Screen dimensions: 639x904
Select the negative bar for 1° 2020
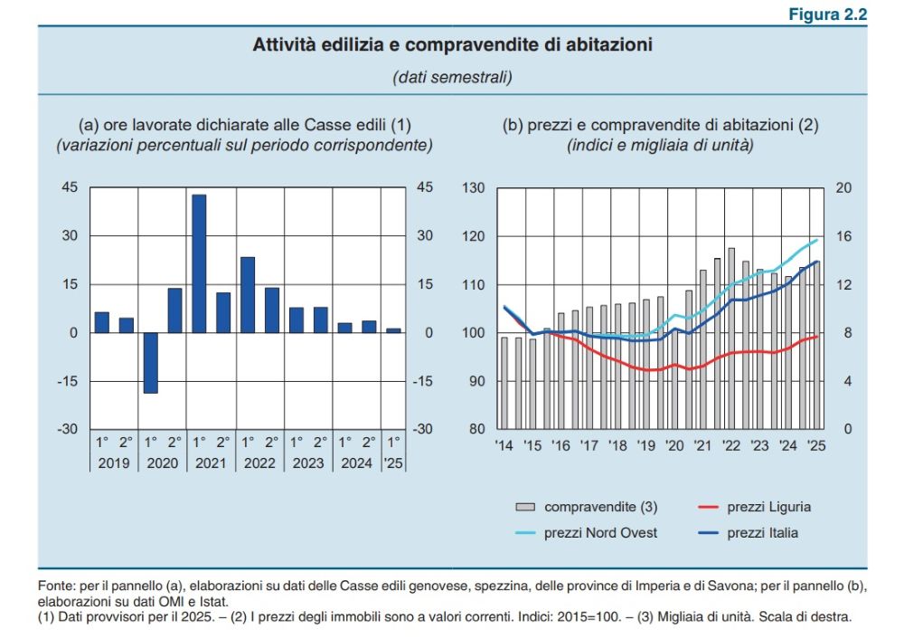[x=150, y=362]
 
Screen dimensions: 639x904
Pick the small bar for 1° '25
[x=393, y=330]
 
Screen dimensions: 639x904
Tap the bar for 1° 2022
[x=248, y=295]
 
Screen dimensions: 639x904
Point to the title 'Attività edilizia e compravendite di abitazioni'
[x=452, y=44]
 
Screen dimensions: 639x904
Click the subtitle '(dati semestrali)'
[x=452, y=78]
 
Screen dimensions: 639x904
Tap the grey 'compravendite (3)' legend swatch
[x=526, y=507]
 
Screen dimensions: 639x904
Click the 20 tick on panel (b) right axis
[x=843, y=188]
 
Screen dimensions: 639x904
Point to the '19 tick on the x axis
[x=646, y=445]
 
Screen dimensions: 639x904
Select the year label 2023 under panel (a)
[x=308, y=463]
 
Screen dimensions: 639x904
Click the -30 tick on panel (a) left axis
[x=69, y=429]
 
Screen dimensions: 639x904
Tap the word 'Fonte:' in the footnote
[x=57, y=586]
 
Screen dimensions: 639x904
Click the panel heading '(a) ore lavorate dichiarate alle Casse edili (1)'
[x=245, y=126]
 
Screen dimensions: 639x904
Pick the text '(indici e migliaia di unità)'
[x=660, y=144]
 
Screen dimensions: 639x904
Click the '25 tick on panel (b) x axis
[x=815, y=445]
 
